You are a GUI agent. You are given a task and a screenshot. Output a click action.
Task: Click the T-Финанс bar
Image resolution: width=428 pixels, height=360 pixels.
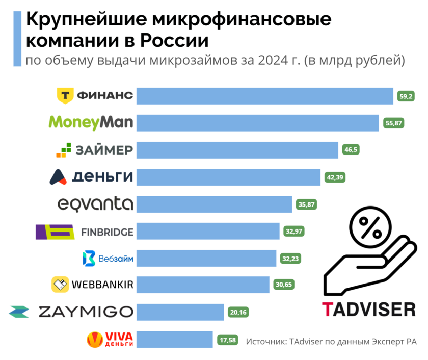click(265, 95)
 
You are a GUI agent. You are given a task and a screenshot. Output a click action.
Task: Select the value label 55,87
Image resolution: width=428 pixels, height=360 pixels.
click(394, 123)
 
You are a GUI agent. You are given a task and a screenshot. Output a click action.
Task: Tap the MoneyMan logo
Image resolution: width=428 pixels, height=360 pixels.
click(91, 122)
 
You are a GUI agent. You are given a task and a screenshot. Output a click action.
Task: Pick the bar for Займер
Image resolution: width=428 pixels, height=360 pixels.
click(237, 150)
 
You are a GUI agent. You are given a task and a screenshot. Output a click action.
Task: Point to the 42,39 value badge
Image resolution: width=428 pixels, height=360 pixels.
click(335, 177)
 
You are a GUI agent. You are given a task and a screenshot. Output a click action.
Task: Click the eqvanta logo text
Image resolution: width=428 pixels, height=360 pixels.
click(95, 204)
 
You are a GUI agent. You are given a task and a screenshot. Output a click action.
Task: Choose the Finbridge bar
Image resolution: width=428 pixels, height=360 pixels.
click(208, 232)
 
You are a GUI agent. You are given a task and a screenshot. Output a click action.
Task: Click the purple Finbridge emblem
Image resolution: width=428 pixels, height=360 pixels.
click(55, 232)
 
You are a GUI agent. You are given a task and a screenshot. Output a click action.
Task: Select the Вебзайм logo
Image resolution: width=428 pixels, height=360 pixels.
click(108, 259)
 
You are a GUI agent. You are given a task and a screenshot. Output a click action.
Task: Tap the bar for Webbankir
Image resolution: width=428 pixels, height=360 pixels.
click(203, 285)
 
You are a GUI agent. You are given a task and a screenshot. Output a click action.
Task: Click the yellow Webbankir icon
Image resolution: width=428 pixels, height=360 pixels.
click(60, 285)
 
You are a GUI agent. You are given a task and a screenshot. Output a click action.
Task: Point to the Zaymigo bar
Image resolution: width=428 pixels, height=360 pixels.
click(180, 312)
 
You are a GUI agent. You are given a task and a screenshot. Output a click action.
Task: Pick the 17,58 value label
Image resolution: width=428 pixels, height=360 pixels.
click(227, 339)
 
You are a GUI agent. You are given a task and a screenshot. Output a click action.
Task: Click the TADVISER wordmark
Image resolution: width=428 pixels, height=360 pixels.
click(368, 308)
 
